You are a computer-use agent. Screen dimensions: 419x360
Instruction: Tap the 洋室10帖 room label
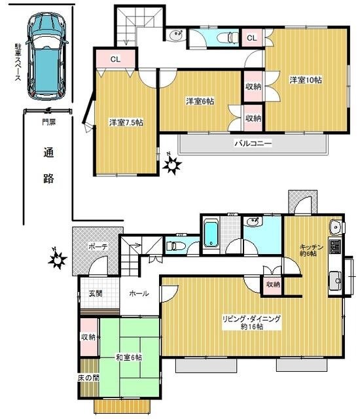(306, 80)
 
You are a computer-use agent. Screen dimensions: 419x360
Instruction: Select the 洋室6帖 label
(200, 101)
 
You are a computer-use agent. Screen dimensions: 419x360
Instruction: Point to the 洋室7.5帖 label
(126, 122)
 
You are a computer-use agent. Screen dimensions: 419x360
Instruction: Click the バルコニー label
(253, 143)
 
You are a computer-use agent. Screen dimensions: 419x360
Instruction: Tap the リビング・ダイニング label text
(251, 322)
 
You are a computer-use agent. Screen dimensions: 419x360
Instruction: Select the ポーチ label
(98, 247)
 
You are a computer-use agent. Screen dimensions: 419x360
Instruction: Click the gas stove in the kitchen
(336, 247)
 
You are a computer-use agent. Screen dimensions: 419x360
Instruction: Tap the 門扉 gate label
(49, 121)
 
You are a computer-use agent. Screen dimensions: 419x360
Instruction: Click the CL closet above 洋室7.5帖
(115, 60)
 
